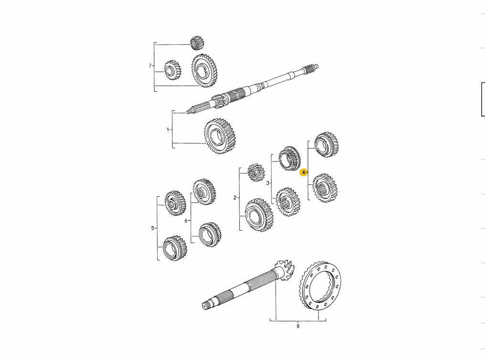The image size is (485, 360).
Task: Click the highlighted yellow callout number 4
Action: point(303,172)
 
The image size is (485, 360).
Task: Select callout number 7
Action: point(150,66)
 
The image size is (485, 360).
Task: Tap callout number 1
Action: point(168,129)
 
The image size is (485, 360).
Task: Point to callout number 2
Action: point(235,198)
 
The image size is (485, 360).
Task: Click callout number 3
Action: point(268,183)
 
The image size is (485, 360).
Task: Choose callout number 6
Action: point(186,221)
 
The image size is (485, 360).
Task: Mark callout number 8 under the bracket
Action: point(298,327)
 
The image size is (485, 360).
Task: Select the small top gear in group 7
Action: point(197,43)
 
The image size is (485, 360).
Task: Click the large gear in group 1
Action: point(220,137)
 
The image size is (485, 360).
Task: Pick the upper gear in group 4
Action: point(327,145)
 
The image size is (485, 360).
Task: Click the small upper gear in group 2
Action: point(256,172)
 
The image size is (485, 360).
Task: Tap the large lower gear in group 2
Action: point(259,215)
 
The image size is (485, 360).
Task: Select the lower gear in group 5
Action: point(174,248)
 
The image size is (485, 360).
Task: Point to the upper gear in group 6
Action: point(204,191)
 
